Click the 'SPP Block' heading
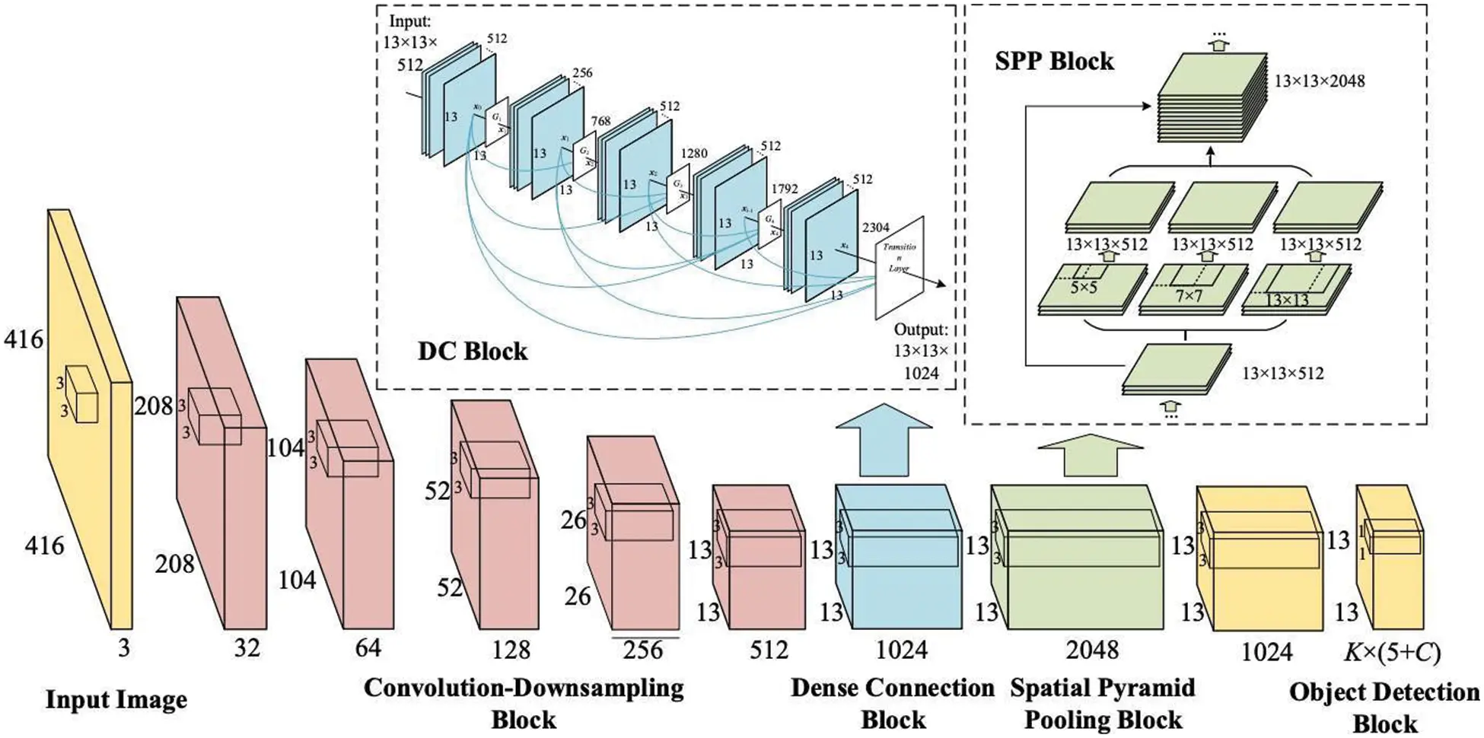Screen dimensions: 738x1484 1054,61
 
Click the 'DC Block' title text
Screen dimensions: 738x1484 473,351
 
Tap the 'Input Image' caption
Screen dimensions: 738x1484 116,699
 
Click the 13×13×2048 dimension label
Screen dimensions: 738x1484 1320,81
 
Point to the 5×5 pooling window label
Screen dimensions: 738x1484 1084,288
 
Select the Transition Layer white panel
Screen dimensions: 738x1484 900,266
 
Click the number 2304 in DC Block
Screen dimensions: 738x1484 875,227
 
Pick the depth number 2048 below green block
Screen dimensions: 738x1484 1092,650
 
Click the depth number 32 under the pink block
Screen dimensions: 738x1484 247,648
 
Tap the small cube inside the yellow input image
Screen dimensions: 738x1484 81,395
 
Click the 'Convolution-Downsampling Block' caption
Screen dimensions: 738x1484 524,703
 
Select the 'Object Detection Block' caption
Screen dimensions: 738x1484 1384,708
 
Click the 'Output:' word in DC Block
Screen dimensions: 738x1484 921,330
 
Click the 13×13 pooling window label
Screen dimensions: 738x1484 1287,300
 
